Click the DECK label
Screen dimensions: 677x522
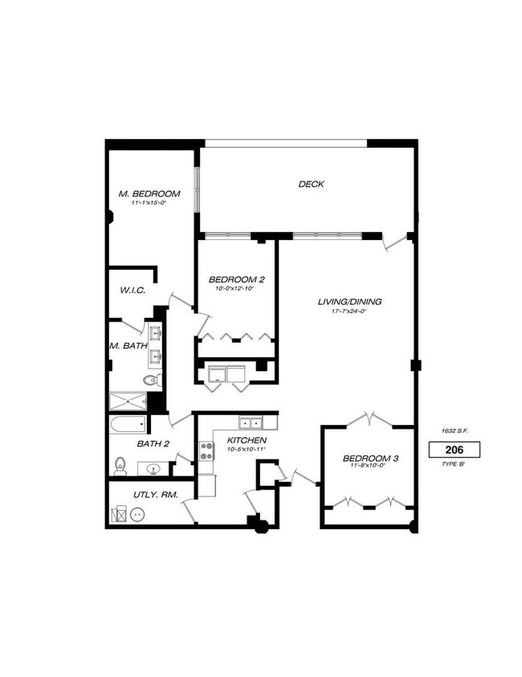(x=311, y=184)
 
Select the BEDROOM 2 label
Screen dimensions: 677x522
(x=237, y=279)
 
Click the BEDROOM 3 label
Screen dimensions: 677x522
(x=371, y=459)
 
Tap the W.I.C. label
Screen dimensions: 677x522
(x=133, y=291)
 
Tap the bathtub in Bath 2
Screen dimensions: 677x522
(x=128, y=425)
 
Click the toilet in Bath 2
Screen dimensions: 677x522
(x=121, y=463)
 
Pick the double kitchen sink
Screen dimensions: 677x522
(x=251, y=422)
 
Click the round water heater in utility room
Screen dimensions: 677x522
(x=137, y=516)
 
